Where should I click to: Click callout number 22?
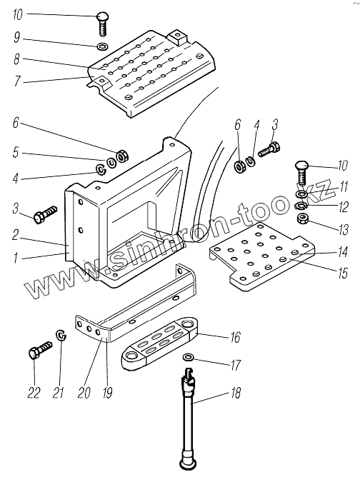(x=34, y=393)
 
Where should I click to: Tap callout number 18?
(x=236, y=393)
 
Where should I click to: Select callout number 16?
(x=235, y=337)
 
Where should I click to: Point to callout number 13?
(x=344, y=230)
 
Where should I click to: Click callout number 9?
(x=16, y=38)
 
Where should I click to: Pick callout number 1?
(x=16, y=258)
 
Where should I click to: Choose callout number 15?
(x=343, y=273)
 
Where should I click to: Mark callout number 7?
(x=16, y=81)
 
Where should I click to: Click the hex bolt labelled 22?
(x=40, y=350)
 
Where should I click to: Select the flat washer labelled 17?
(x=188, y=356)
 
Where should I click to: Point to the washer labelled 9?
(x=102, y=46)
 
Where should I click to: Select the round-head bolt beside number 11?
(x=301, y=173)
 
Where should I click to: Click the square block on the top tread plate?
(x=176, y=37)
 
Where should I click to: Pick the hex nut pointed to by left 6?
(x=123, y=156)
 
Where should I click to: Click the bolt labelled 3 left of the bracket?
(x=46, y=214)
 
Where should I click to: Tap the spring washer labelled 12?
(x=301, y=206)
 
